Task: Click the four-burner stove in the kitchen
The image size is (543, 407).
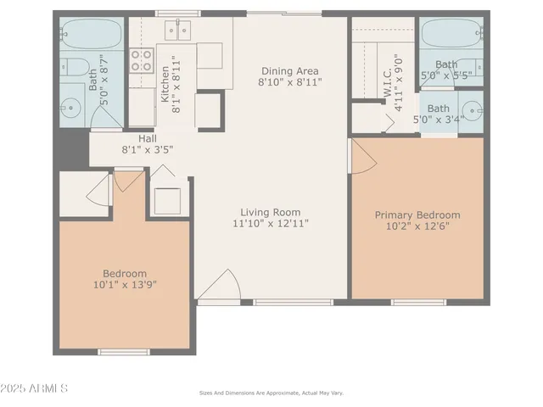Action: coord(140,59)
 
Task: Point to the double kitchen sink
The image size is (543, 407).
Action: coord(178,31)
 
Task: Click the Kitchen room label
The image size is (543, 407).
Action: coord(165,86)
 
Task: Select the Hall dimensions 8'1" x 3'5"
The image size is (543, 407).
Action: coord(148,149)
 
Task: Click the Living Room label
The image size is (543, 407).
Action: coord(270,212)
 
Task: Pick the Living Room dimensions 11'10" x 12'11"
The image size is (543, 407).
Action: coord(270,223)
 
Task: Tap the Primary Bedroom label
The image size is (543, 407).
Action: coord(417,215)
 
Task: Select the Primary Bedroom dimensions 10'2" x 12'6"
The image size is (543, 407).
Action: coord(417,226)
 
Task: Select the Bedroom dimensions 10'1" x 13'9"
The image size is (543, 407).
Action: coord(125,284)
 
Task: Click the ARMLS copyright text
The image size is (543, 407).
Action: coord(35,388)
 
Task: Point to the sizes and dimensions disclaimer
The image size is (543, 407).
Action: coord(271,393)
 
